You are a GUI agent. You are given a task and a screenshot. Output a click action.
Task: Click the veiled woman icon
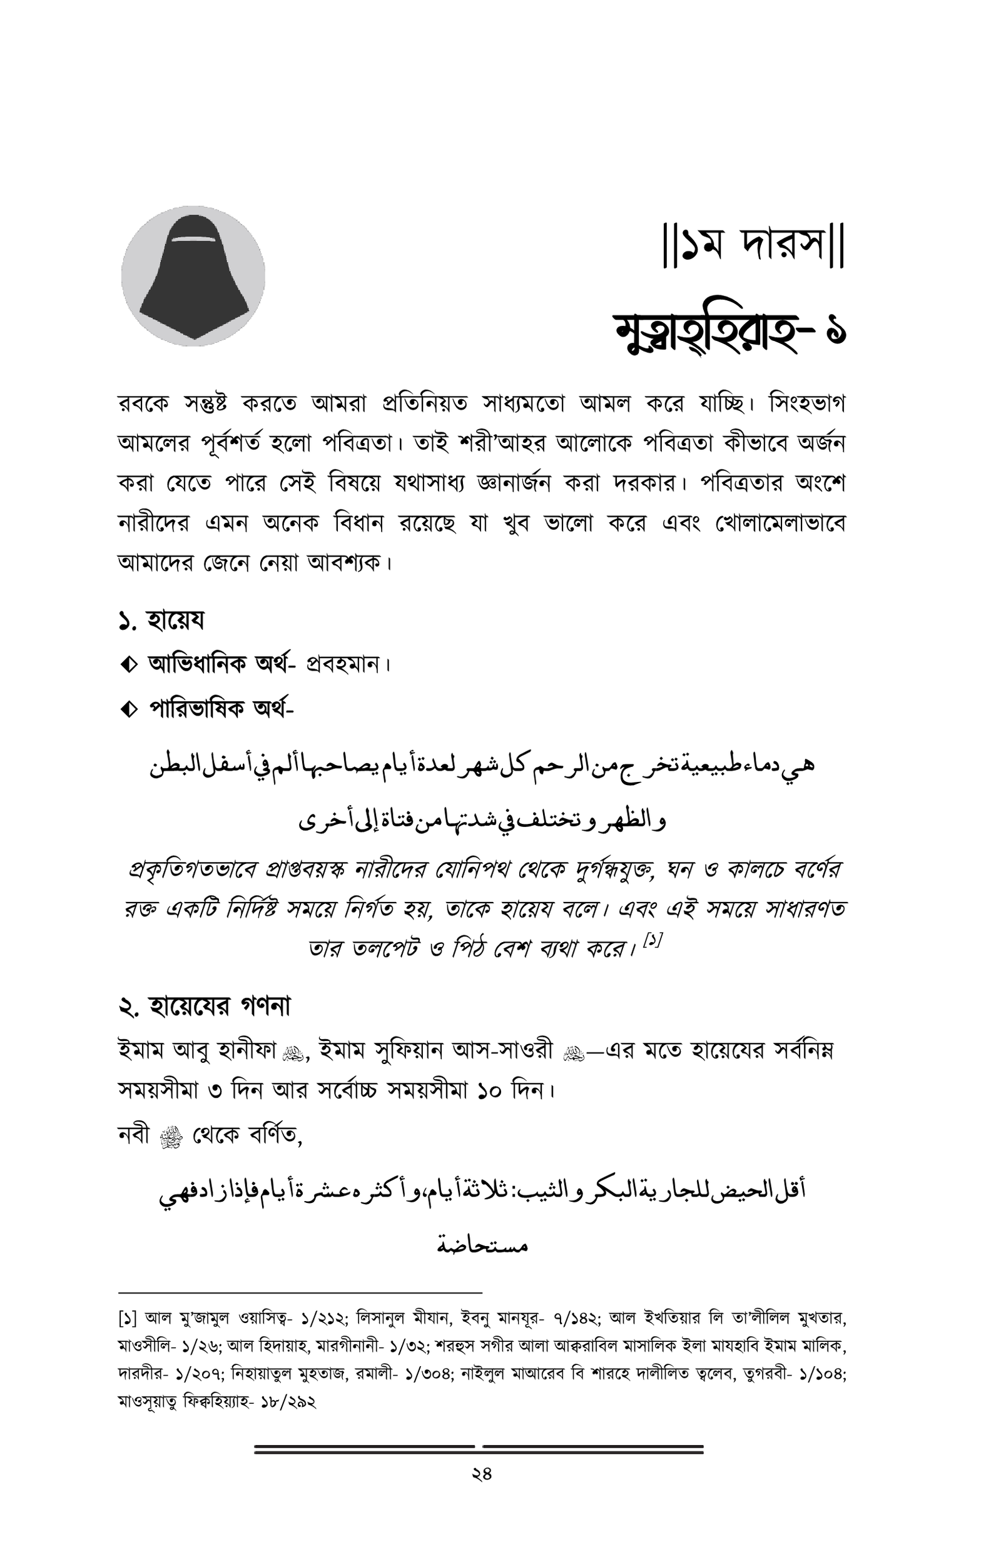[x=193, y=276]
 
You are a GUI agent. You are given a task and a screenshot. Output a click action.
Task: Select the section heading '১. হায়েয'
[x=161, y=621]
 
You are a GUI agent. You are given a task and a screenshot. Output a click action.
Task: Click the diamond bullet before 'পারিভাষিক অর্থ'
[x=128, y=709]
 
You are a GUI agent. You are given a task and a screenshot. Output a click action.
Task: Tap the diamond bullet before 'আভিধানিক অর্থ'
[x=128, y=665]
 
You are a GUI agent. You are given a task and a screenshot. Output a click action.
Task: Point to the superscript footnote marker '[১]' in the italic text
[x=652, y=940]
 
